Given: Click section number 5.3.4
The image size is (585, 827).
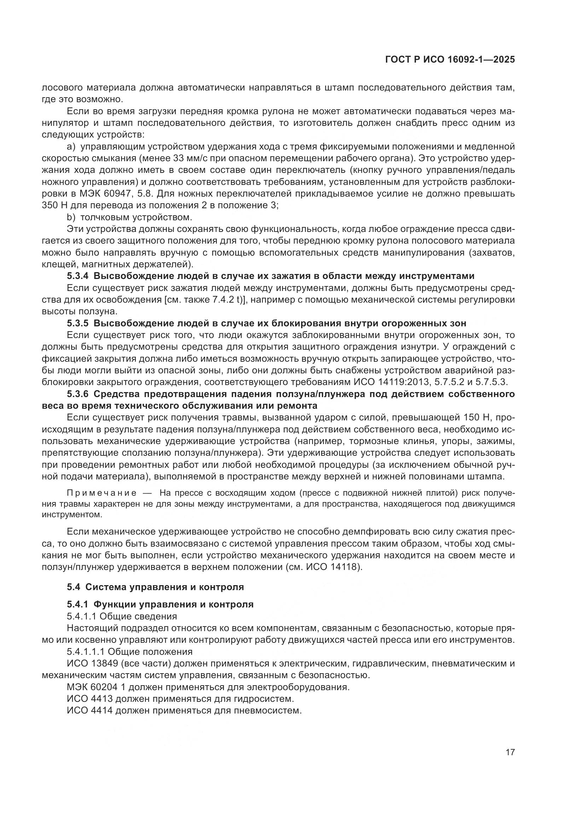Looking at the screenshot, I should (x=78, y=276).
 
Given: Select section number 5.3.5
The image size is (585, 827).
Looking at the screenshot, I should (x=78, y=323).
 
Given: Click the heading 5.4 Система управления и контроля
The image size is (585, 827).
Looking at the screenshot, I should (x=155, y=587).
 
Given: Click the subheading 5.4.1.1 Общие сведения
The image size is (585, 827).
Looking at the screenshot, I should (x=122, y=616).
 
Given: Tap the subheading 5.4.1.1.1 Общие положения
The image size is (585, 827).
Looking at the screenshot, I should (x=129, y=652).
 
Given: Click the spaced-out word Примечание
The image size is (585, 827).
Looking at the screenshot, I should (x=102, y=493).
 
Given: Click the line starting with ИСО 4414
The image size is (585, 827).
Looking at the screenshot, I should (x=184, y=711).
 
